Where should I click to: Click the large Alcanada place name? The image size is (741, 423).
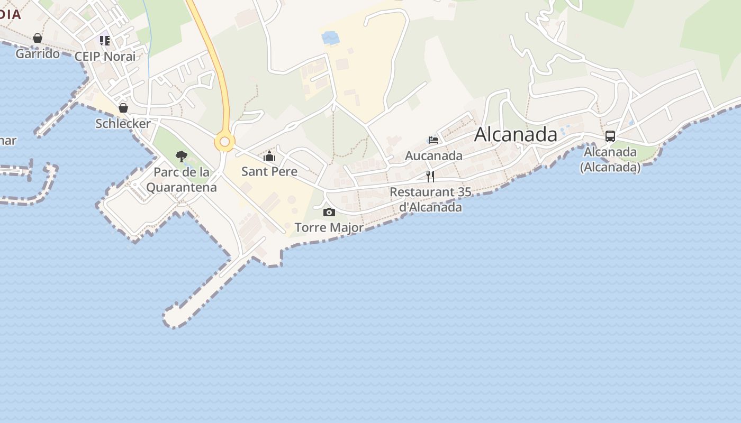[x=516, y=135]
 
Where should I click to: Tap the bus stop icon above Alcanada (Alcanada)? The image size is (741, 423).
[x=610, y=136]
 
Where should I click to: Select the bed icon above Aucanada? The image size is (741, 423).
[x=433, y=140]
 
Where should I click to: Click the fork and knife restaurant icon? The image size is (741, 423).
[x=430, y=176]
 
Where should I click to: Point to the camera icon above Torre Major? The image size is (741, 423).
[x=329, y=212]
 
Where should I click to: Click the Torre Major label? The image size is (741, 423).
[x=329, y=227]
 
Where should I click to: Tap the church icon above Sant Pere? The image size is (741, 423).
[x=269, y=156]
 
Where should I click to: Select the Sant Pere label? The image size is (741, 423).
[x=269, y=171]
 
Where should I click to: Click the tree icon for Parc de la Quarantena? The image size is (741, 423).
[x=182, y=157]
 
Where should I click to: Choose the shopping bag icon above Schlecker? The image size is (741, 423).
[x=123, y=108]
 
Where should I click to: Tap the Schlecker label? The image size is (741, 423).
[x=123, y=123]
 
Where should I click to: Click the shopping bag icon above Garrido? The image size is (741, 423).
[x=38, y=38]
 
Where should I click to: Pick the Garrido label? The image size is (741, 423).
[x=38, y=53]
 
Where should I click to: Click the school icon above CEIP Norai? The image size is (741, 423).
[x=105, y=41]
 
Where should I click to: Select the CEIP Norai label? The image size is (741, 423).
[x=105, y=56]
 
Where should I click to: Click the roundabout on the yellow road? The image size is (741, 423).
[x=224, y=142]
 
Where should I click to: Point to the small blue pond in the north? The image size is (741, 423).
[x=331, y=38]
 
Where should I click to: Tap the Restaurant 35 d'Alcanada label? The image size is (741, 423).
[x=430, y=199]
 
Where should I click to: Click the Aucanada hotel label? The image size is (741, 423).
[x=433, y=155]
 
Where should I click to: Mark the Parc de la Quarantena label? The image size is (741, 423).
[x=182, y=180]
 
